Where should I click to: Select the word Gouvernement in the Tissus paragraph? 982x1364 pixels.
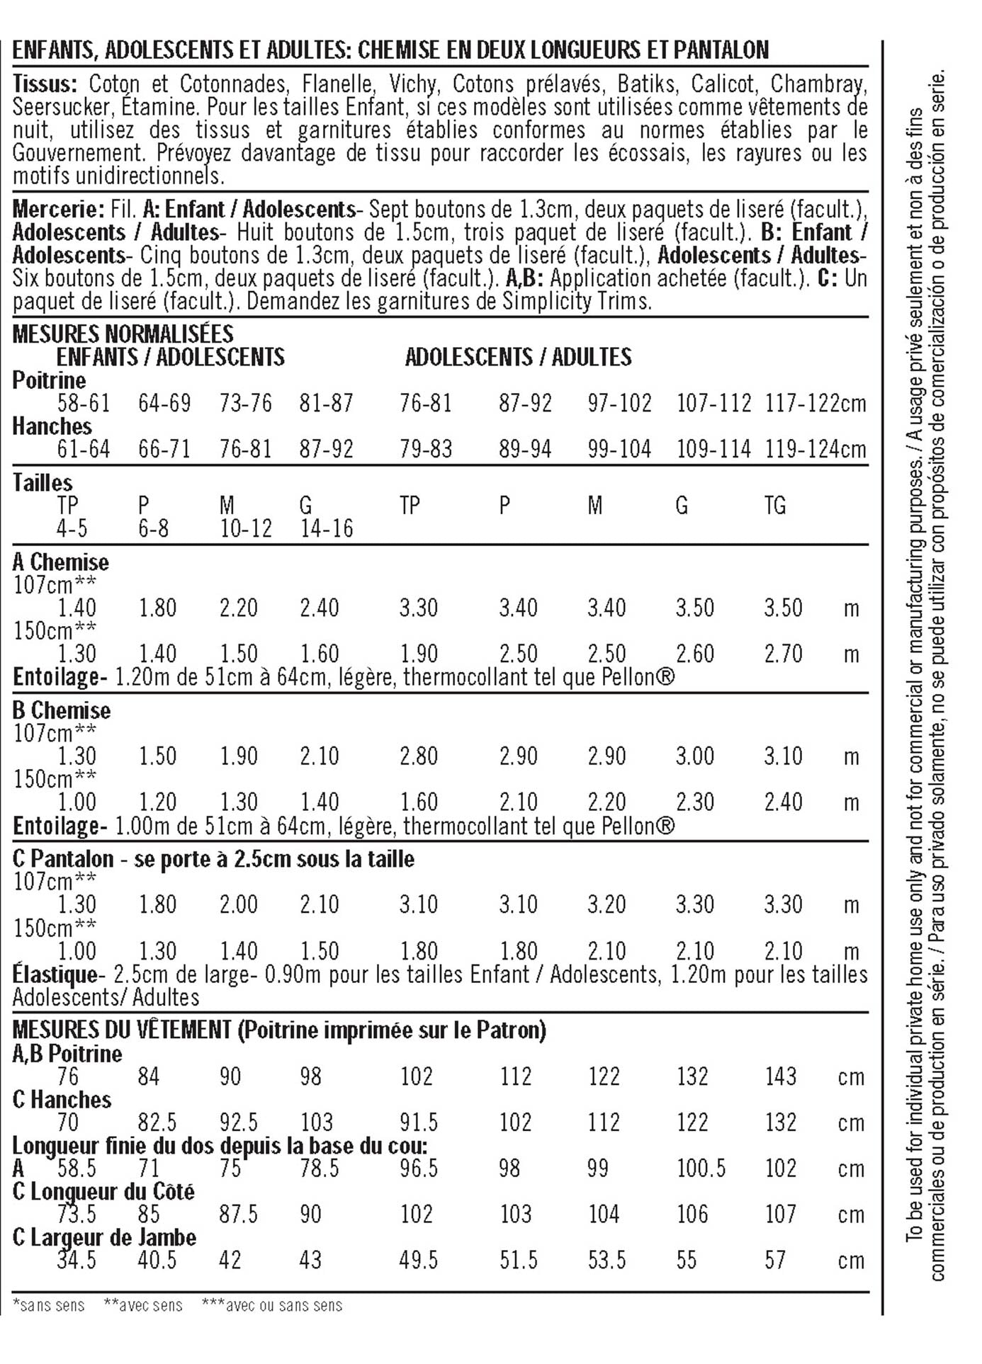79,154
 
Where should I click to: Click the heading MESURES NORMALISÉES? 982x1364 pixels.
123,334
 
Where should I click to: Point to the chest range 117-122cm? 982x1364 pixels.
815,404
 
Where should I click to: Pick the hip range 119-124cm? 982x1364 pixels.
815,450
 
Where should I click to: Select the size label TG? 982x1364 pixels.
774,506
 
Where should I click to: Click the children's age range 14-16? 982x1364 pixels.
327,529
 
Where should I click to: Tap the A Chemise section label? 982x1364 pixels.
61,562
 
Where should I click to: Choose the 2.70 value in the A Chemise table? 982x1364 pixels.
783,654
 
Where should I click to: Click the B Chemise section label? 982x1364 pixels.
62,711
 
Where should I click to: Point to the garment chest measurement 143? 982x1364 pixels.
780,1076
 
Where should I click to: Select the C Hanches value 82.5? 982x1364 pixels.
157,1123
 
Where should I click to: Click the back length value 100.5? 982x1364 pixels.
701,1169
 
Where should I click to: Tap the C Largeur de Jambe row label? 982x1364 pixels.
104,1237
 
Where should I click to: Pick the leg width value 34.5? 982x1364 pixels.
77,1261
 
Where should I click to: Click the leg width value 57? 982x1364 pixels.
775,1261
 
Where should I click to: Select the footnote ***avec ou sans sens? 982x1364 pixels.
272,1305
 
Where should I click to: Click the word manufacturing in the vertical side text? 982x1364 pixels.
915,570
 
